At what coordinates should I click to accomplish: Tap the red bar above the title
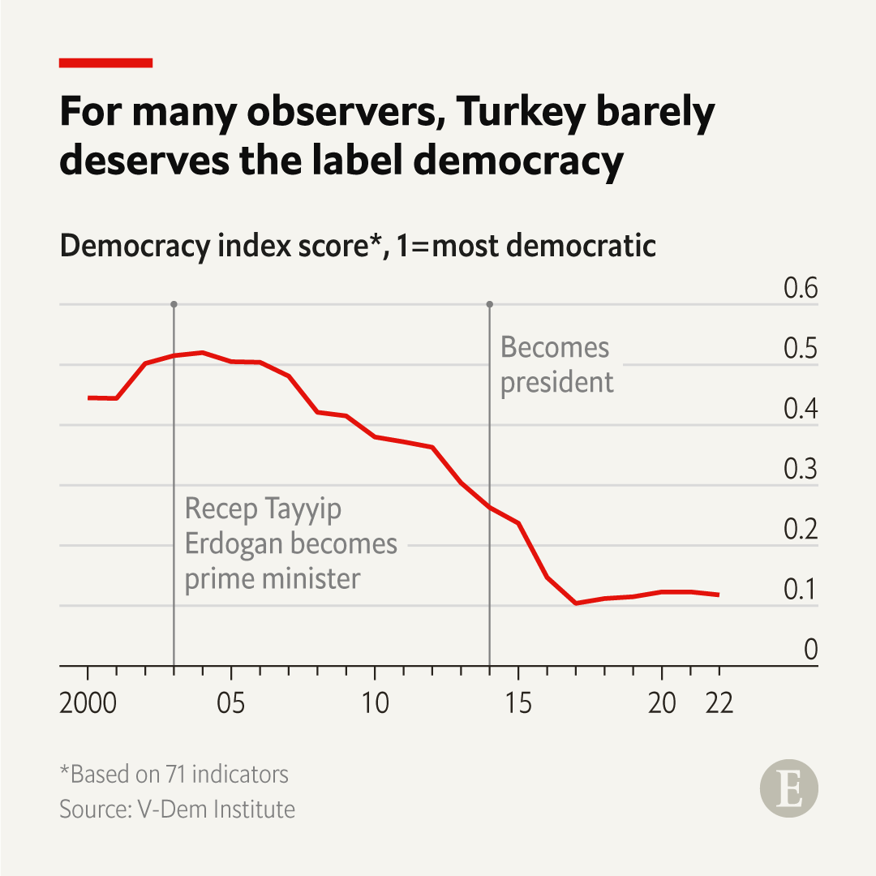tap(106, 62)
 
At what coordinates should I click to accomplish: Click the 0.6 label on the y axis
tap(800, 290)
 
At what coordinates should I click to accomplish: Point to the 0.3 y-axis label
tap(800, 470)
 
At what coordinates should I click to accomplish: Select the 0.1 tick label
tap(800, 590)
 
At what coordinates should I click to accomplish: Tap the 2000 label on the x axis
tap(88, 703)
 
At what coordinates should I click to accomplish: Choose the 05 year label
tap(231, 703)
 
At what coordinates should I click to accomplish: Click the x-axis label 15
tap(518, 703)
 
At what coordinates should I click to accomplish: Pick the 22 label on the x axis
tap(719, 703)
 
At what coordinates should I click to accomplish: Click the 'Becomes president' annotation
tap(556, 364)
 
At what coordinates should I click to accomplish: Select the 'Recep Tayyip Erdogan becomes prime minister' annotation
tap(290, 543)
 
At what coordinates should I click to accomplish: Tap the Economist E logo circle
tap(788, 788)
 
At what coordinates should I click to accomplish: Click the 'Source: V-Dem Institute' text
tap(177, 809)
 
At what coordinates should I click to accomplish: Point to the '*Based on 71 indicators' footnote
tap(174, 775)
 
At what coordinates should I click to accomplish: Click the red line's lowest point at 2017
tap(575, 603)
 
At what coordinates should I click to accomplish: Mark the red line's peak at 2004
tap(203, 353)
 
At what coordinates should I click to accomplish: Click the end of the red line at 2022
tap(719, 595)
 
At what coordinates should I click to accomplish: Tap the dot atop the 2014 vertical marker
tap(489, 304)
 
